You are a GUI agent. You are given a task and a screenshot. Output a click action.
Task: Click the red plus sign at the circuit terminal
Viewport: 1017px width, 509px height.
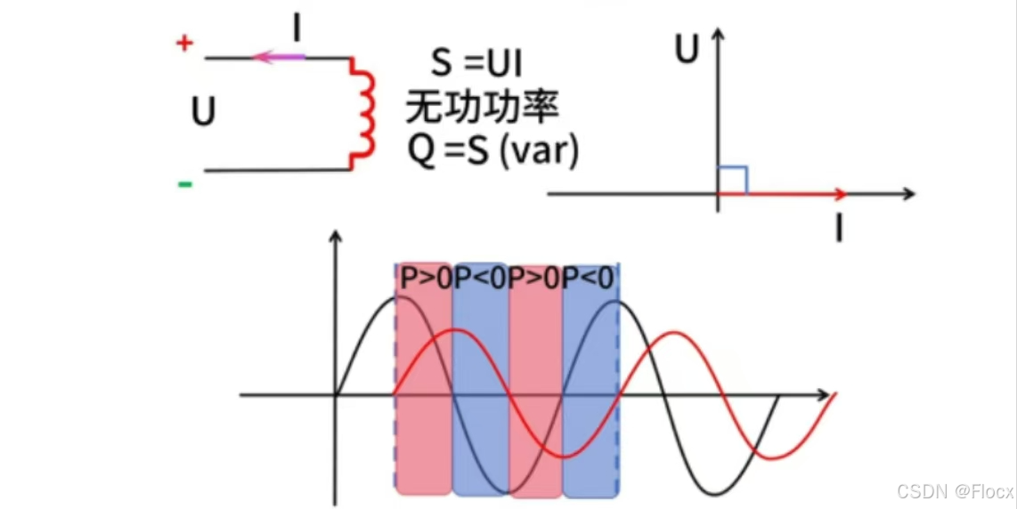(x=184, y=44)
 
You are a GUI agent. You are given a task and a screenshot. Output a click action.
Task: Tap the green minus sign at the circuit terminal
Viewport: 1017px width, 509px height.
(x=184, y=184)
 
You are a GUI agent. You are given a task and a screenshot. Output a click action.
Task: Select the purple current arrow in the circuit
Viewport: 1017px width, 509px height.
(x=279, y=58)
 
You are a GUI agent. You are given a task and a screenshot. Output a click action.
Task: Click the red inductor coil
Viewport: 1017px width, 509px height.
(x=362, y=113)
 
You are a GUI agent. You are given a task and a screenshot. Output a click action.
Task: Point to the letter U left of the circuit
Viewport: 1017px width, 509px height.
(x=204, y=113)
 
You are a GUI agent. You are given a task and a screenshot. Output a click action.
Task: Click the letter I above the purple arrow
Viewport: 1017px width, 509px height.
(x=297, y=29)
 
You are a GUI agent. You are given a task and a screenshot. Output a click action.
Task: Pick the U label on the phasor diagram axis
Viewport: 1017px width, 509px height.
(x=686, y=51)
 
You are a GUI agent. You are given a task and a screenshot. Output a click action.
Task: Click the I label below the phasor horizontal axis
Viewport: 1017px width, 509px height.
(x=838, y=230)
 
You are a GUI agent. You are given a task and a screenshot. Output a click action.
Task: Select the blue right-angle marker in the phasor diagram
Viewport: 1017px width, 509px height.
(x=733, y=180)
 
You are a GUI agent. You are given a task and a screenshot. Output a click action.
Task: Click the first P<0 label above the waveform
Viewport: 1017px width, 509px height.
(x=480, y=279)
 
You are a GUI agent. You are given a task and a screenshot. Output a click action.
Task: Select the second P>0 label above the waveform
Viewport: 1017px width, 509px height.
(x=534, y=279)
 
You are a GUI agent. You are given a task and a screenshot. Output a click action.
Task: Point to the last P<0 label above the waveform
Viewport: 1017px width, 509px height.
(x=589, y=279)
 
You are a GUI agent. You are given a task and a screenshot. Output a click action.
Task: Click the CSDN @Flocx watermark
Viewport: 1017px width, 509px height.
(x=955, y=491)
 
